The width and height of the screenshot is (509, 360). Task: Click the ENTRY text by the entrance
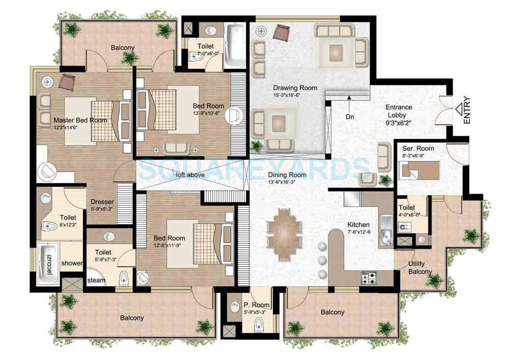click(468, 112)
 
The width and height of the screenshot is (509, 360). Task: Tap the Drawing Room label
click(295, 88)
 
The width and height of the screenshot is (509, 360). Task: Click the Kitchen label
click(358, 225)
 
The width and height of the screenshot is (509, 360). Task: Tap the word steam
click(96, 280)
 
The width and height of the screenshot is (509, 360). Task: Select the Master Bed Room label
click(80, 120)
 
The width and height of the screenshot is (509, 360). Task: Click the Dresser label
click(102, 202)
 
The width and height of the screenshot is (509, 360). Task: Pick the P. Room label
click(257, 305)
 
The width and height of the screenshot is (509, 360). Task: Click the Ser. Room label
click(418, 149)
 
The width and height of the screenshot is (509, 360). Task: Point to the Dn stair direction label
click(349, 117)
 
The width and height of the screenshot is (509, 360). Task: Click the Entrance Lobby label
click(399, 111)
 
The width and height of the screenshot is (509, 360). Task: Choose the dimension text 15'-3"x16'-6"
click(295, 95)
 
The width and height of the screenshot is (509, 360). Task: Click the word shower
click(72, 263)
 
